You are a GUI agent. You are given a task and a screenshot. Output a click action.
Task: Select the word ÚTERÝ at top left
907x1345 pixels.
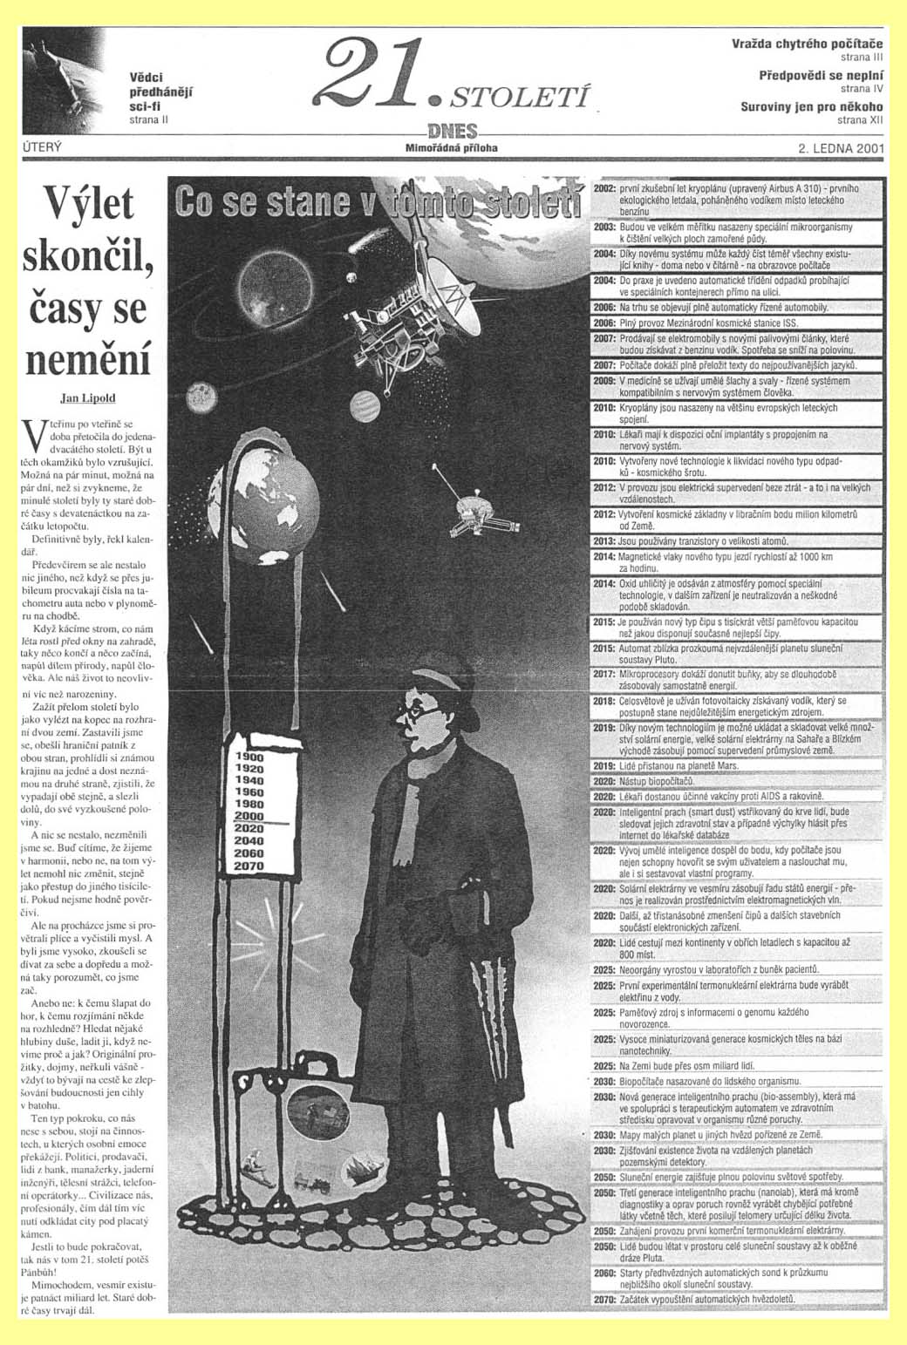[42, 147]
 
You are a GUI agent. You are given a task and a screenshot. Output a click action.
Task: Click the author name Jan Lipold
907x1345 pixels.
[87, 397]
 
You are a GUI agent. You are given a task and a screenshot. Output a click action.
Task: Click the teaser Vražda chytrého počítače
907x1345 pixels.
[807, 44]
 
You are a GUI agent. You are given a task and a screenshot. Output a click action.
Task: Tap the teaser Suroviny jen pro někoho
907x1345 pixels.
[811, 107]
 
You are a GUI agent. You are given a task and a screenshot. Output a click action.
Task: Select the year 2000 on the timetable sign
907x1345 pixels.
[249, 815]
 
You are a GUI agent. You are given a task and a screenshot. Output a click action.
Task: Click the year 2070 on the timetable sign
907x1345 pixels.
[249, 866]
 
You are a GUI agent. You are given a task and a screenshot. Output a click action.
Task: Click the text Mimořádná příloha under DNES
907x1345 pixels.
[452, 148]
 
